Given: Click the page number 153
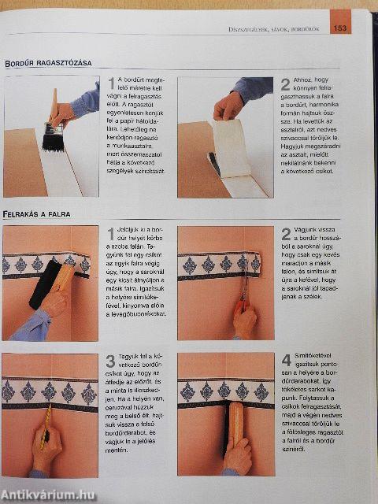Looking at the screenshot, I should pyautogui.click(x=340, y=29).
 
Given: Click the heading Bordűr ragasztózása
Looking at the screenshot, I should pyautogui.click(x=47, y=62).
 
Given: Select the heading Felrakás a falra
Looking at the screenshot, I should pyautogui.click(x=37, y=213).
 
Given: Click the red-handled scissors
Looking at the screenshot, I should pyautogui.click(x=245, y=298).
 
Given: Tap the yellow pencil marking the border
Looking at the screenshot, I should pyautogui.click(x=46, y=430).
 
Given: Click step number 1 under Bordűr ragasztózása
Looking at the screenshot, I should pyautogui.click(x=111, y=84).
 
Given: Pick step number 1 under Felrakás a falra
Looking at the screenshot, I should pyautogui.click(x=111, y=234).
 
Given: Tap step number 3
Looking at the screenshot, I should pyautogui.click(x=111, y=361).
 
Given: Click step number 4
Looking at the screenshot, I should pyautogui.click(x=287, y=361).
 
